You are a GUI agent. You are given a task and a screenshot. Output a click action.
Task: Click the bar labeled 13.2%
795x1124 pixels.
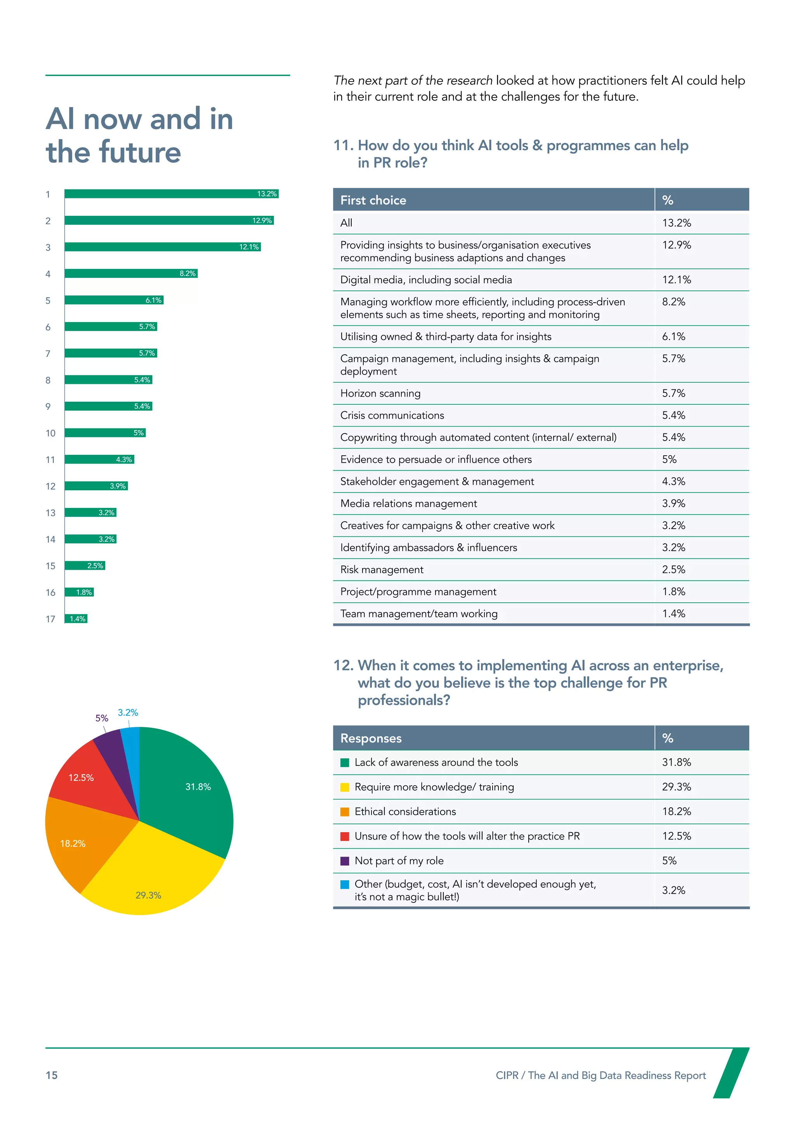(171, 194)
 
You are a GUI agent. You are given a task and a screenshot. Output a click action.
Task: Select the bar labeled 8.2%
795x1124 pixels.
(131, 273)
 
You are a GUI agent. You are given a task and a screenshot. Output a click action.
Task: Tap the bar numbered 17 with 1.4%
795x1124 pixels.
(76, 619)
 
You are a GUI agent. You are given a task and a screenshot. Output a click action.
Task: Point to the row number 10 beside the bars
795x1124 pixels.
(50, 433)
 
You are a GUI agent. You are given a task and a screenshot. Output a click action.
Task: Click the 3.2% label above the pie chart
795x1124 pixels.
(128, 712)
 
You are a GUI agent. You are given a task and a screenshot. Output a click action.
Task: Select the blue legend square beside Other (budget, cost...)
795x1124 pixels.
(345, 884)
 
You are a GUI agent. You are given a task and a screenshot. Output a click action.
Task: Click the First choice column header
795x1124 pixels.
(373, 200)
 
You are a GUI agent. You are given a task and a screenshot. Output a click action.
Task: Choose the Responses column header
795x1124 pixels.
(371, 738)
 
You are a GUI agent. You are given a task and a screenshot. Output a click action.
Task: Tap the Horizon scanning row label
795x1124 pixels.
(380, 393)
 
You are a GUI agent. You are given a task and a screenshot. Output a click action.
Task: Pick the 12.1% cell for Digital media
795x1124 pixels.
(677, 279)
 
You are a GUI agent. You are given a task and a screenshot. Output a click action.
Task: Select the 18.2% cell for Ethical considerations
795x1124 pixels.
(677, 811)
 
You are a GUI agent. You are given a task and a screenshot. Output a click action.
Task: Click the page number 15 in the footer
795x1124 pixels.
(51, 1075)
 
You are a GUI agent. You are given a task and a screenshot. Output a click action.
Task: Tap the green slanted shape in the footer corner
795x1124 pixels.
(731, 1073)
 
